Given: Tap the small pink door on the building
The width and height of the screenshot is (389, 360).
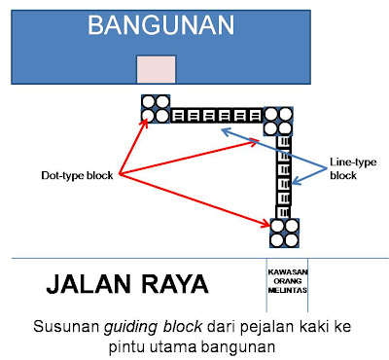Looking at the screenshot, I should pyautogui.click(x=156, y=68).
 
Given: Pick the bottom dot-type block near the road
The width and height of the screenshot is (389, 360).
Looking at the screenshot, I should pyautogui.click(x=285, y=233).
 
